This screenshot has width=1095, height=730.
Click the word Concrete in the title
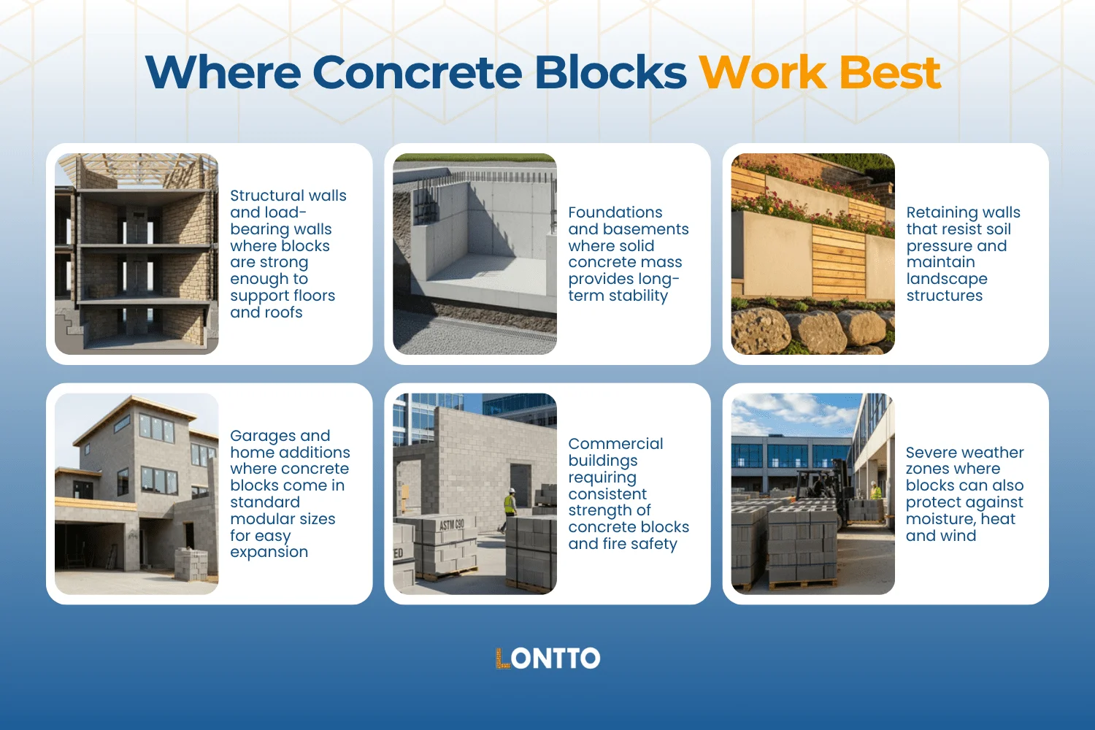tap(416, 72)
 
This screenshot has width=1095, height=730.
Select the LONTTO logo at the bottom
tap(547, 658)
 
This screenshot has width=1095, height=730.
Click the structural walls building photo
tap(137, 254)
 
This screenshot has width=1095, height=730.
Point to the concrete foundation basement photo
tap(474, 254)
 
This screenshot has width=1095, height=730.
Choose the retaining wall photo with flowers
tap(812, 254)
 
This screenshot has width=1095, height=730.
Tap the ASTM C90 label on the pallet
tap(452, 525)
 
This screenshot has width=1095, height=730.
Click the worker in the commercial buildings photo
tap(510, 506)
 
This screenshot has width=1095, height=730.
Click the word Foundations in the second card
tap(615, 212)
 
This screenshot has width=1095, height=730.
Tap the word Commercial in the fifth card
tap(615, 444)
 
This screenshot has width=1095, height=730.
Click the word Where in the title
tap(223, 72)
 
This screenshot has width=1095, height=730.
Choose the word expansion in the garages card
tap(269, 553)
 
